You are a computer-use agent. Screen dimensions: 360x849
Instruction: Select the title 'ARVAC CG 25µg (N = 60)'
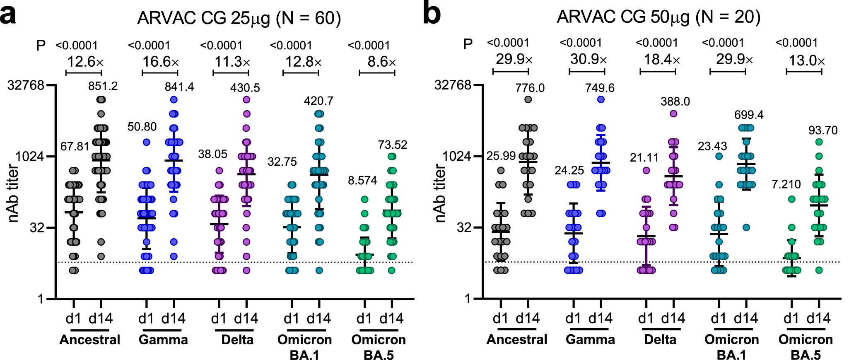click(x=239, y=18)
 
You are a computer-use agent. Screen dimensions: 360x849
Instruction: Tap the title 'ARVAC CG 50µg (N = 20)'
click(x=658, y=17)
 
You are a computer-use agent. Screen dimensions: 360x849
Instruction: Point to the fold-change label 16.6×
click(x=161, y=62)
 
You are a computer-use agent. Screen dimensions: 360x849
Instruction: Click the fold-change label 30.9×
click(x=588, y=60)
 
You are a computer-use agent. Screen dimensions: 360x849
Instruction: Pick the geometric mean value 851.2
click(x=103, y=86)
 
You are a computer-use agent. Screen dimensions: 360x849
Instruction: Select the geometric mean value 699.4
click(x=749, y=115)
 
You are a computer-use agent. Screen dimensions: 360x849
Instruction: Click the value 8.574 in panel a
click(x=362, y=180)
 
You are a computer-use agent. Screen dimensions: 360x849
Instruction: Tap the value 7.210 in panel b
click(x=786, y=184)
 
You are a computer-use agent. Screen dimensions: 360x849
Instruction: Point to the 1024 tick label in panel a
click(x=30, y=157)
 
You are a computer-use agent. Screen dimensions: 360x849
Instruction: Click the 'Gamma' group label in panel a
click(x=163, y=340)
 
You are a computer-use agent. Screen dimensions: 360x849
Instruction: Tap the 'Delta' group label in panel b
click(x=660, y=340)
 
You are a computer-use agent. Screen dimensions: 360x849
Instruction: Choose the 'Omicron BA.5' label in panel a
click(x=379, y=347)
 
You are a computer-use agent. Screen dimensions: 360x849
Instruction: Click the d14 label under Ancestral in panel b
click(x=528, y=319)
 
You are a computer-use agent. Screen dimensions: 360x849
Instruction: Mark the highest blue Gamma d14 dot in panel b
click(x=601, y=99)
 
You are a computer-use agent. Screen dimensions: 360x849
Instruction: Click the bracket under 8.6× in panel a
click(x=377, y=73)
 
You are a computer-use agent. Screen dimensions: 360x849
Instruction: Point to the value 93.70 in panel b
click(x=823, y=130)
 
